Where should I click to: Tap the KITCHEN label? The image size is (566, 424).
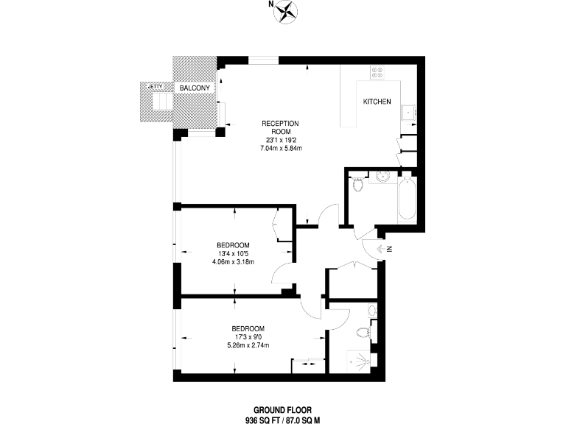(x=377, y=102)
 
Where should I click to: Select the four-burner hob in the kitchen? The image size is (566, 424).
(x=377, y=72)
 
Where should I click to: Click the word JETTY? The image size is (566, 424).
(x=155, y=86)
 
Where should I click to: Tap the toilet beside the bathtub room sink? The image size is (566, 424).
(x=358, y=184)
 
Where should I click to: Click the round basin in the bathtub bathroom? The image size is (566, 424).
(x=382, y=176)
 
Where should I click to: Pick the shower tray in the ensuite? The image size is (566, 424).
(x=362, y=361)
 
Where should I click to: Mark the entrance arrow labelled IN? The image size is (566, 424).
(x=383, y=249)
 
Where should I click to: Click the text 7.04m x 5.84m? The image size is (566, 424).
(x=282, y=148)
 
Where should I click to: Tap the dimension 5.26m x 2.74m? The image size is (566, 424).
(x=248, y=345)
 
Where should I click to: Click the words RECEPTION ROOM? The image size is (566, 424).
(x=282, y=127)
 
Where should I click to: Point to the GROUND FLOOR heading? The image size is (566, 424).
(x=282, y=410)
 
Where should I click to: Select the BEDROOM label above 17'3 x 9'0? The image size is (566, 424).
(x=248, y=328)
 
